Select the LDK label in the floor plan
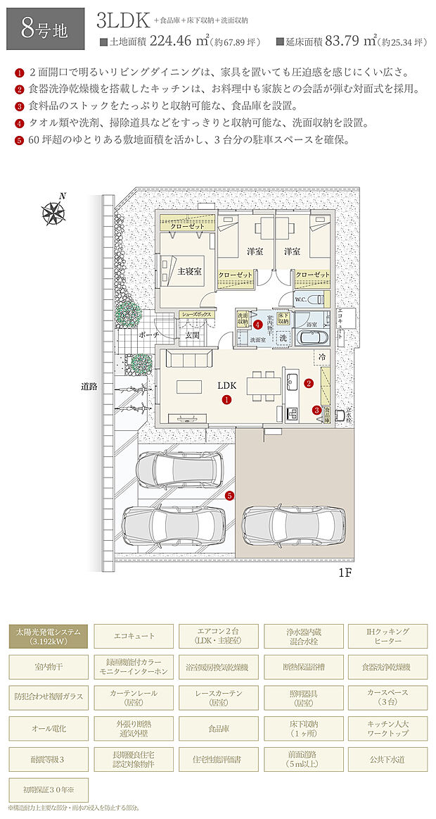(x=226, y=385)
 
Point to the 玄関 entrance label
(x=192, y=336)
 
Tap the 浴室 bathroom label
(x=311, y=325)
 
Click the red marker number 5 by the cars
(x=230, y=495)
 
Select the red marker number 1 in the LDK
(x=226, y=399)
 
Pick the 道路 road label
(x=89, y=387)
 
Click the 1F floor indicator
(x=343, y=573)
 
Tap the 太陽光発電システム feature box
(x=49, y=637)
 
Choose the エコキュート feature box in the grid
(x=134, y=637)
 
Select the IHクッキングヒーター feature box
(x=385, y=637)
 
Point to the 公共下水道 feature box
(x=385, y=760)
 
